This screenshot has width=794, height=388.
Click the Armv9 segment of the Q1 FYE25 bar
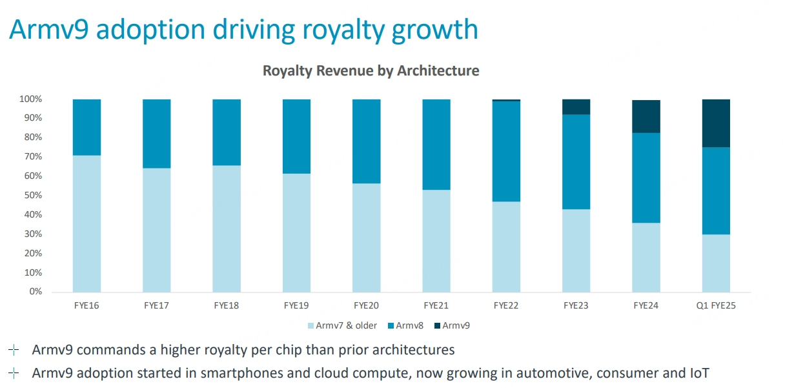(716, 123)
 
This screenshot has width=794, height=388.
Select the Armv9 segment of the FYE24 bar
(646, 117)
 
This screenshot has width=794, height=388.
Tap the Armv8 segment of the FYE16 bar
(87, 127)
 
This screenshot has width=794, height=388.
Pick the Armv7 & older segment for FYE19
(297, 232)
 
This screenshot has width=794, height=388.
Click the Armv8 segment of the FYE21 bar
(436, 145)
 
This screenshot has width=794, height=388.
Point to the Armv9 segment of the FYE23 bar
(576, 107)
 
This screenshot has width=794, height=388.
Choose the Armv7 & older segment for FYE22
(506, 247)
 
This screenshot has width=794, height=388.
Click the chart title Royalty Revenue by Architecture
(371, 70)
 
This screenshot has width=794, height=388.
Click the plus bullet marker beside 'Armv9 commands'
(14, 350)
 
